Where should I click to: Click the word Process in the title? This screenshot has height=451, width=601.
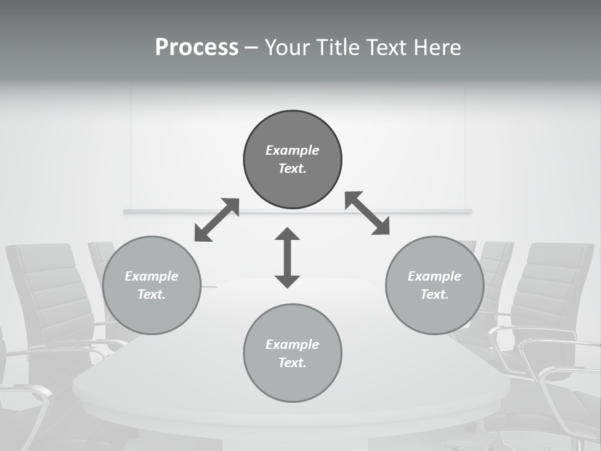[197, 48]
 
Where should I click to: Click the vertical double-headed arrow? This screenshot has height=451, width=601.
[287, 257]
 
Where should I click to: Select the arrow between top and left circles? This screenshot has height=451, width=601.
[217, 220]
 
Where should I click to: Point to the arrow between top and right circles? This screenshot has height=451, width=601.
[367, 213]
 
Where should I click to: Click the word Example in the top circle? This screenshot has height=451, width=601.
[292, 150]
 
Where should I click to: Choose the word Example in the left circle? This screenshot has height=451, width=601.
[152, 276]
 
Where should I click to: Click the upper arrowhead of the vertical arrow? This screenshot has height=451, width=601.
[287, 234]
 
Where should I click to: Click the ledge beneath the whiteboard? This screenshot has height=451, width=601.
[297, 212]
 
